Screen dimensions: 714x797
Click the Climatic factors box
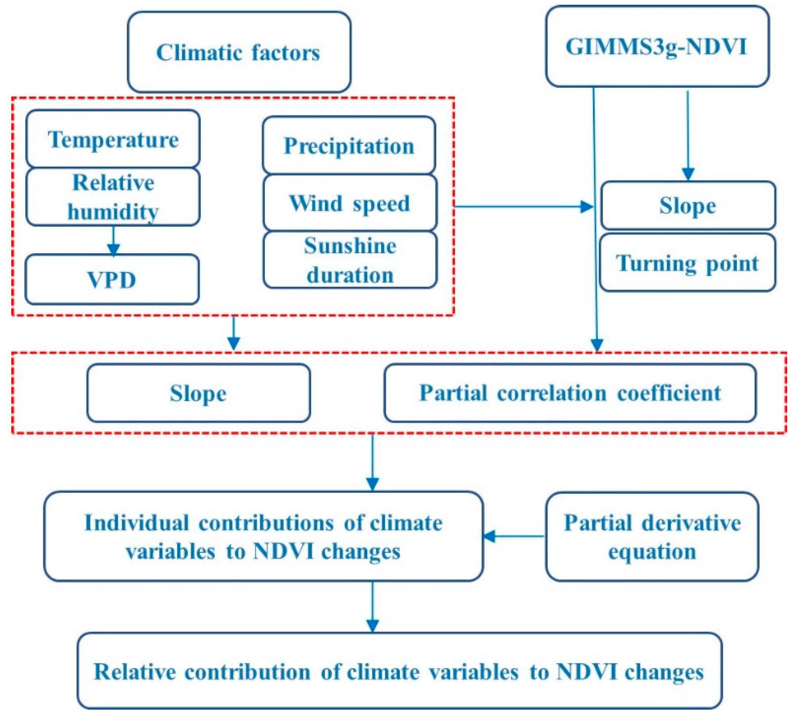pos(239,52)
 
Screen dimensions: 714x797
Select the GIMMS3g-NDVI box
pos(657,46)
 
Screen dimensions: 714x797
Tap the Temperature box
pos(113,139)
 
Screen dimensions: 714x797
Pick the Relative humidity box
pos(113,197)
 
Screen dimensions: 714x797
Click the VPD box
pos(112,279)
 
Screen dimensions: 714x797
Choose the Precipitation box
pos(349,145)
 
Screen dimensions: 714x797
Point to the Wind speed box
pos(350,203)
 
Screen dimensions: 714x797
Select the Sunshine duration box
pos(350,260)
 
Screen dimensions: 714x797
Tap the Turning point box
pos(687,262)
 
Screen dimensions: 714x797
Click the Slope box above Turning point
pos(688,205)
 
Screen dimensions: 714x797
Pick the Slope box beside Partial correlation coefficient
pos(199,393)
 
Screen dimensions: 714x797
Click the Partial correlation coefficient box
pos(570,393)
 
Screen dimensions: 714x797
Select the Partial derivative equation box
pos(652,536)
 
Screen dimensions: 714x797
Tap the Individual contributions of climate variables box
pos(263,536)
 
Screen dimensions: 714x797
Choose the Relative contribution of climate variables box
pos(399,671)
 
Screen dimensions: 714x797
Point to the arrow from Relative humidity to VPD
pos(113,241)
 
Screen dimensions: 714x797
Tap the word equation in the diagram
pos(652,551)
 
